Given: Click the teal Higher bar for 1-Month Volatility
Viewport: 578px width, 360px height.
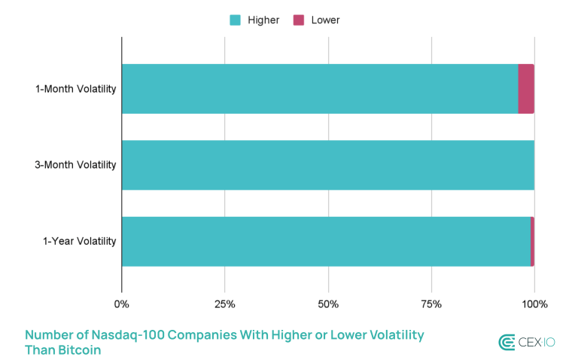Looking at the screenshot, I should click(x=320, y=89).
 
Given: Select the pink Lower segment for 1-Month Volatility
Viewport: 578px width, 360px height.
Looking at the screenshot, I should click(x=526, y=89).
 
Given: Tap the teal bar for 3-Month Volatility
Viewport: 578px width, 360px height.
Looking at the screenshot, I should click(x=327, y=165).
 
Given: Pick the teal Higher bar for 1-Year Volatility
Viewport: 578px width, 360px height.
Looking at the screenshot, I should click(x=326, y=242).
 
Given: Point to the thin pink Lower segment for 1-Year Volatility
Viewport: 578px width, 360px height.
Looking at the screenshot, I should click(x=532, y=242).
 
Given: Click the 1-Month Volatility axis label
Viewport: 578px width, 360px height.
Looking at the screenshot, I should click(x=75, y=89).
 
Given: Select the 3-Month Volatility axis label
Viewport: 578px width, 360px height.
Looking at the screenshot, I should click(x=75, y=165).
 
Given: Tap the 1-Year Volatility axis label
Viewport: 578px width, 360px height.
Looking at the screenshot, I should click(x=79, y=242).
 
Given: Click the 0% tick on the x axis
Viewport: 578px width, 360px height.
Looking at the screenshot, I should click(x=121, y=304).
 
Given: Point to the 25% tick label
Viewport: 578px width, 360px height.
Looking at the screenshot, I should click(x=224, y=304).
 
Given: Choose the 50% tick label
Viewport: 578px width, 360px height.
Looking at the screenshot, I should click(x=328, y=304).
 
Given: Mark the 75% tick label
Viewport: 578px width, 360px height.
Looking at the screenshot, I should click(x=431, y=304).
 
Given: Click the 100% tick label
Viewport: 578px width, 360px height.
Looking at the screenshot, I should click(x=534, y=304).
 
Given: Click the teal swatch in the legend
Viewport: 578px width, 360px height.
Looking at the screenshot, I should click(x=235, y=20).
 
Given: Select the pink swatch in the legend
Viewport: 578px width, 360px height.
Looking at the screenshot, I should click(x=299, y=20).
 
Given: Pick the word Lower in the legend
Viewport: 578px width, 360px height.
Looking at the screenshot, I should click(x=325, y=20).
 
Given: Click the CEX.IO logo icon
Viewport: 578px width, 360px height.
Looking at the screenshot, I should click(x=507, y=343).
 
